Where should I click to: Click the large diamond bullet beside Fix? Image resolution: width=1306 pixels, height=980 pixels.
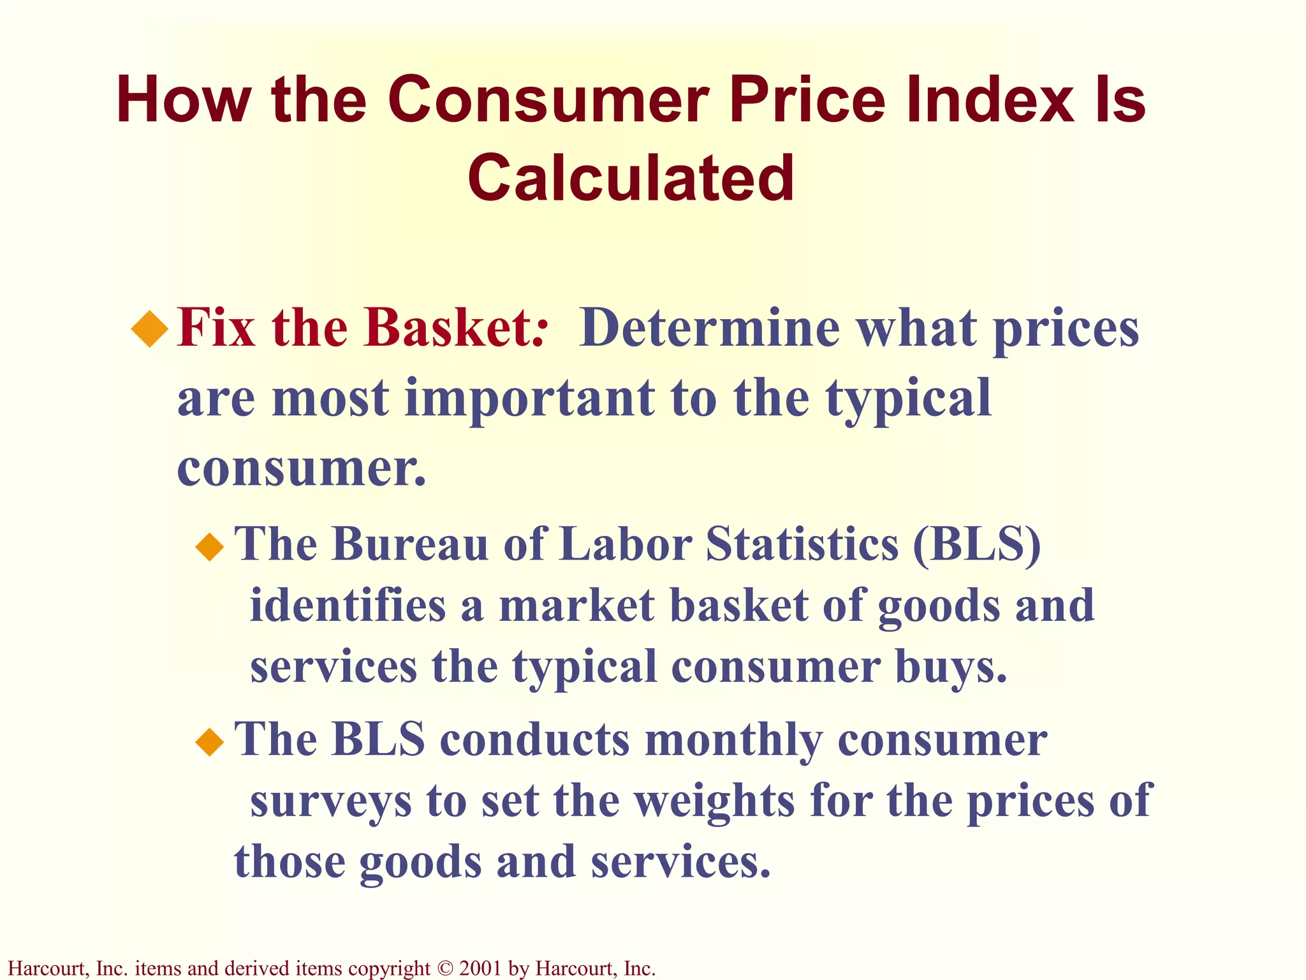pos(150,329)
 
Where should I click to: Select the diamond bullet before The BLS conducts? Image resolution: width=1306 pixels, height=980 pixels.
pos(210,742)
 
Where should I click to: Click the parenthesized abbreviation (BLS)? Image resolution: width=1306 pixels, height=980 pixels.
pos(976,544)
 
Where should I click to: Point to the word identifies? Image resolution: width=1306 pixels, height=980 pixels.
pos(348,605)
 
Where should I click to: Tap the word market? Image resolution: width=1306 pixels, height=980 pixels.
pos(576,605)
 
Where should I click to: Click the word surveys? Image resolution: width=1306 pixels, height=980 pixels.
pos(331,801)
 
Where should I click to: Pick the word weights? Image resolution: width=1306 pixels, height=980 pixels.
pos(714,801)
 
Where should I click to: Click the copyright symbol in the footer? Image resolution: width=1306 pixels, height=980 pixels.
pos(444,969)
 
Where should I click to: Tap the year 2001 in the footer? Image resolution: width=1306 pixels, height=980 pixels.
pos(480,969)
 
